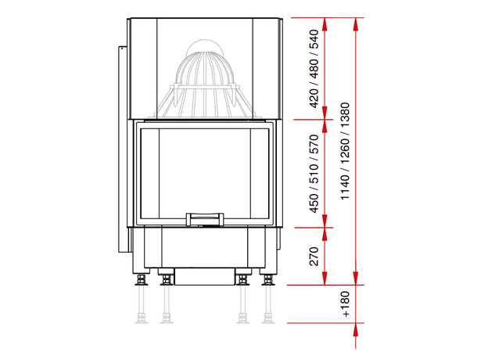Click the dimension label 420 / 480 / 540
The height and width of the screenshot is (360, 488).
click(x=314, y=69)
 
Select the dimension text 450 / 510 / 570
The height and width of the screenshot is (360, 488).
click(x=314, y=174)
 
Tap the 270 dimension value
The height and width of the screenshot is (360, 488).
click(x=314, y=256)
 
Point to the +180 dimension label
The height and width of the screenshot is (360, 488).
click(x=345, y=304)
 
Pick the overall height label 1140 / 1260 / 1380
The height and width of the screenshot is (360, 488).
click(x=345, y=151)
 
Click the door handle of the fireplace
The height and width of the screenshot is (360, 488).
click(x=205, y=219)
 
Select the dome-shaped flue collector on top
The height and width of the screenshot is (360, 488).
click(x=205, y=78)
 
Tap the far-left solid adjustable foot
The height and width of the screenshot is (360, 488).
click(x=142, y=279)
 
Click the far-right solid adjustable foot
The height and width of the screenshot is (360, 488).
click(x=267, y=279)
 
